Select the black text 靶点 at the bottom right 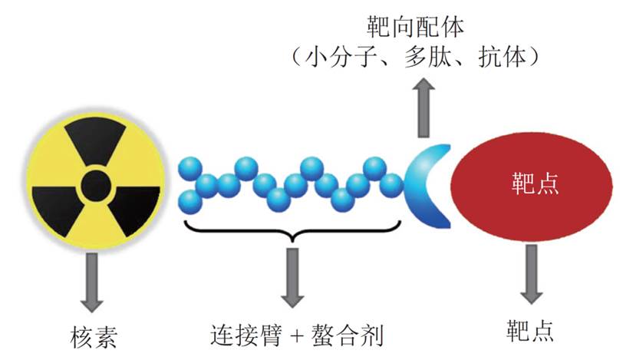530,330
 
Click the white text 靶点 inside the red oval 535,185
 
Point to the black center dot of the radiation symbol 94,185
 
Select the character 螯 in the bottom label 322,335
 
